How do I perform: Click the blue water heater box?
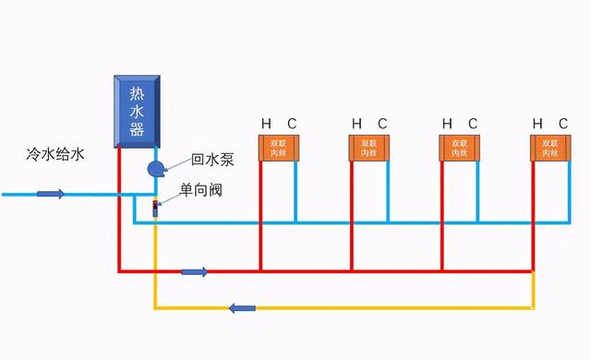click(137, 109)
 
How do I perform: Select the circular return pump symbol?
click(155, 168)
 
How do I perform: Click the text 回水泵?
click(212, 160)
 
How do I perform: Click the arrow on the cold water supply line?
click(51, 195)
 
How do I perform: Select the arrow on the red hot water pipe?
click(195, 271)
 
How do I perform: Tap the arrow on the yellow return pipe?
click(242, 307)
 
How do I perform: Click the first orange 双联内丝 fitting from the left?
click(279, 148)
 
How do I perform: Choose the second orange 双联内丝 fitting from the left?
click(369, 148)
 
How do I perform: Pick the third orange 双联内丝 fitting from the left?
click(460, 148)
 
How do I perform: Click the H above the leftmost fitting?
click(266, 124)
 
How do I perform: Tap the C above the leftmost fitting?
click(292, 124)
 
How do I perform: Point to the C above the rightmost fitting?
click(563, 124)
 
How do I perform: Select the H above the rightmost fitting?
click(537, 124)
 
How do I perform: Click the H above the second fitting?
click(356, 124)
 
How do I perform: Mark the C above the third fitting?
click(473, 124)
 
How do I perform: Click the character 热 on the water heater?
click(137, 93)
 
